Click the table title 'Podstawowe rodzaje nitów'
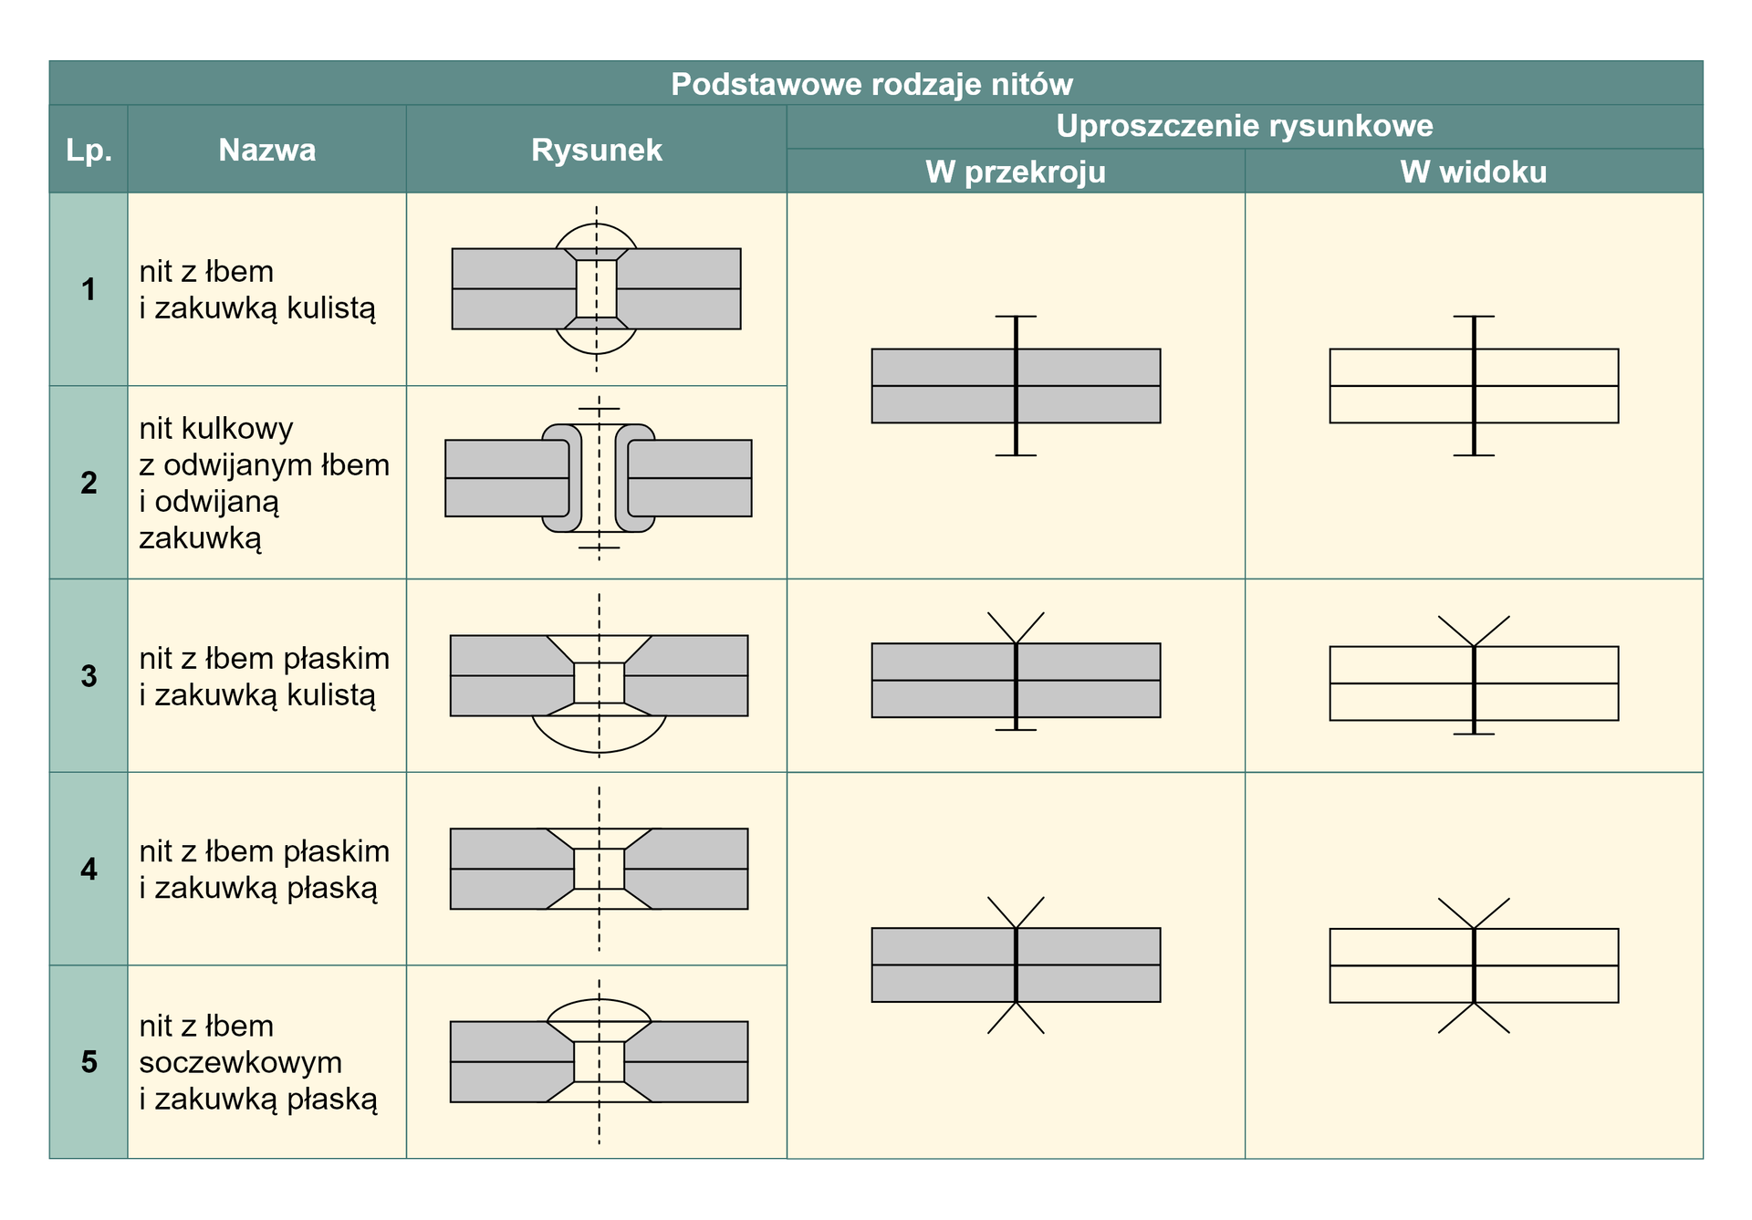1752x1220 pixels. (871, 84)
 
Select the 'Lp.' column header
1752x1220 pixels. (89, 150)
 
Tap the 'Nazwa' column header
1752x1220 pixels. (266, 150)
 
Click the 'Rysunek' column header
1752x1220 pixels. (596, 150)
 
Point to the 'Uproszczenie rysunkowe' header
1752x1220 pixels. (1244, 126)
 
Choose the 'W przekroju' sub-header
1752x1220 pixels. (1015, 172)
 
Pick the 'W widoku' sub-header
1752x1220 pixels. (1473, 172)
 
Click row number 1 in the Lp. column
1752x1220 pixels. (89, 289)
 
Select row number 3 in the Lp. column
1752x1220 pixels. (89, 676)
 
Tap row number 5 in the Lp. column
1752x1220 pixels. (89, 1062)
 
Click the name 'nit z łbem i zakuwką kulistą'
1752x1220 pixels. (256, 289)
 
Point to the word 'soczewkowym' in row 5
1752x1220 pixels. (241, 1062)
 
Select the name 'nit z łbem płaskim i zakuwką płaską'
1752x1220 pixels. (264, 869)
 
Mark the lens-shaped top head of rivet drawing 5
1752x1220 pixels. (599, 1010)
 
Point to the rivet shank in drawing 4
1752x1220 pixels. (599, 869)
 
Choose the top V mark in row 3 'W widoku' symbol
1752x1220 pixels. (1474, 631)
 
